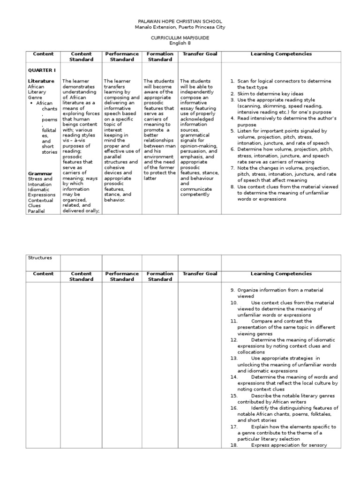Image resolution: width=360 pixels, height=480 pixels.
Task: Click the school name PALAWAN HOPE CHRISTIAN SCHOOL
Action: pyautogui.click(x=180, y=22)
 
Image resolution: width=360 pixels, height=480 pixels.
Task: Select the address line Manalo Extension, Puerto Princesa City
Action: pyautogui.click(x=180, y=27)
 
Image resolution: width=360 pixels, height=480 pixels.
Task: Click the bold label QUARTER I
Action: pyautogui.click(x=41, y=70)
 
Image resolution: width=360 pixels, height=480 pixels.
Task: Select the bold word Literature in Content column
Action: pyautogui.click(x=41, y=81)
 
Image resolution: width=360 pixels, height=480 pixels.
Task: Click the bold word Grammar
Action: pyautogui.click(x=39, y=173)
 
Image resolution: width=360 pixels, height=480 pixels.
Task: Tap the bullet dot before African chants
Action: pyautogui.click(x=31, y=103)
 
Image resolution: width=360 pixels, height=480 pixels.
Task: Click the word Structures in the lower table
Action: pyautogui.click(x=40, y=258)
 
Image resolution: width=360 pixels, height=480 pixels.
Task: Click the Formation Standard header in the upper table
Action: pyautogui.click(x=160, y=57)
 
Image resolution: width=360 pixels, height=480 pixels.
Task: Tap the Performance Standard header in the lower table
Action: pyautogui.click(x=122, y=276)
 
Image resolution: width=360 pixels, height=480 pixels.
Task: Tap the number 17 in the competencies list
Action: pyautogui.click(x=234, y=427)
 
